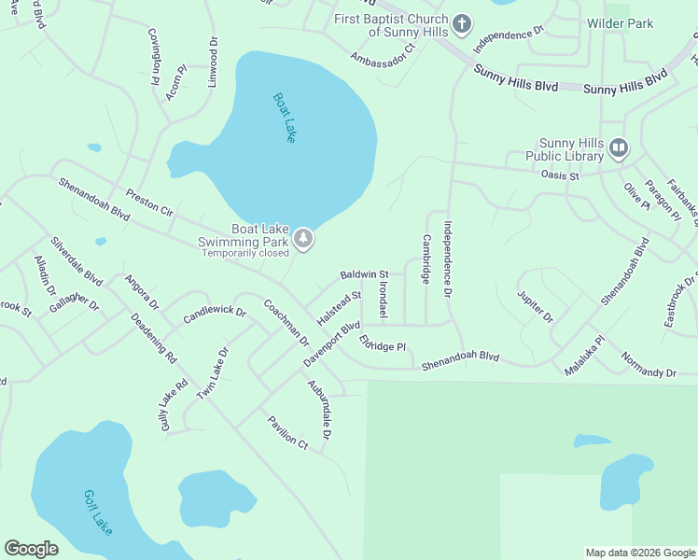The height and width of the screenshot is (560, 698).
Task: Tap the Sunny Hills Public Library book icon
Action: (x=619, y=147)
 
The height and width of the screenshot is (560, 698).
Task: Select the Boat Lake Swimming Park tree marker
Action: (x=303, y=240)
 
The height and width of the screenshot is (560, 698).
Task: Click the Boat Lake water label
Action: (x=285, y=117)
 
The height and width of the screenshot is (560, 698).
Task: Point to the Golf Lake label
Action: (x=97, y=512)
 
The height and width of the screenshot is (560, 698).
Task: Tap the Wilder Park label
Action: (x=620, y=23)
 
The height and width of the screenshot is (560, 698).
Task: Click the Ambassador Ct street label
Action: (x=382, y=59)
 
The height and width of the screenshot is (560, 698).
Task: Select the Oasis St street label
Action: (x=560, y=175)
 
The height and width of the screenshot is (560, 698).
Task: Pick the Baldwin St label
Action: (x=364, y=274)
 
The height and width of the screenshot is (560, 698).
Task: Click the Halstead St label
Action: (x=338, y=307)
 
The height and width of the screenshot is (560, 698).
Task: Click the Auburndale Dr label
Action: (x=320, y=411)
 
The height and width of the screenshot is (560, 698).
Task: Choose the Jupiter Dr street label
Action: (x=536, y=306)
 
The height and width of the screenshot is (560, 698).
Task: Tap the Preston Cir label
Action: (x=149, y=204)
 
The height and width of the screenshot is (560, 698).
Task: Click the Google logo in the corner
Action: (x=31, y=549)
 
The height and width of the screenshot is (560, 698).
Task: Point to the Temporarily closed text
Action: (x=245, y=253)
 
